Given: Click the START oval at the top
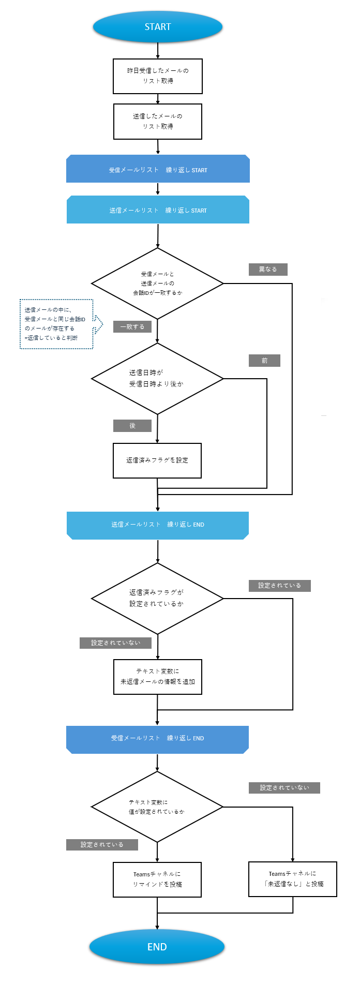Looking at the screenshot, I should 158,27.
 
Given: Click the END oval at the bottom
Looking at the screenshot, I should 157,947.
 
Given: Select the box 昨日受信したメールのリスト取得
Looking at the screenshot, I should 158,76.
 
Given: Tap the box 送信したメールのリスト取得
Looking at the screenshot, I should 158,122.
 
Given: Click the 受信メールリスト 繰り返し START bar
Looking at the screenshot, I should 158,169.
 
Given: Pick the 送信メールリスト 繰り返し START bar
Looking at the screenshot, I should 158,210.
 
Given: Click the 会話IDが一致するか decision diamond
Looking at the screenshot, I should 157,284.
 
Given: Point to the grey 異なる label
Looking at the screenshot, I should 268,270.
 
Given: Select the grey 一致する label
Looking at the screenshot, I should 132,327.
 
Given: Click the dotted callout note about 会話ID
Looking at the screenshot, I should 56,324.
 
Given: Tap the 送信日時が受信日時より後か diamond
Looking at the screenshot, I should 157,379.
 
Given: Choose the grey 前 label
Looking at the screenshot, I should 264,361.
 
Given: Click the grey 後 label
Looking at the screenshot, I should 132,426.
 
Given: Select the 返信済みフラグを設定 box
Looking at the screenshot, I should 157,460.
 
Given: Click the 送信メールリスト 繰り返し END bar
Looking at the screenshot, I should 158,525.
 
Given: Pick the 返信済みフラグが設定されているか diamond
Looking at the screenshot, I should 157,599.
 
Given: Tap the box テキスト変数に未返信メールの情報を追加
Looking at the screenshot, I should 158,677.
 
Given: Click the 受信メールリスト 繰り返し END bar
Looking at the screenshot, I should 157,739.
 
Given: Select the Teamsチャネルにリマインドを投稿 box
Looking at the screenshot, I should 157,879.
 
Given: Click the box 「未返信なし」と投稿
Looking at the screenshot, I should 293,879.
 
